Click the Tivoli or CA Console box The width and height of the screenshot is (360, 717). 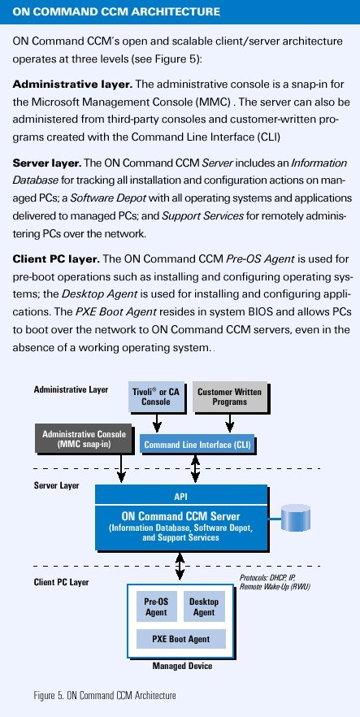(x=156, y=397)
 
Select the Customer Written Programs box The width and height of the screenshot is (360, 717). (x=229, y=397)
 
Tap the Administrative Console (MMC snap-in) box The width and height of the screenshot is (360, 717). (x=83, y=438)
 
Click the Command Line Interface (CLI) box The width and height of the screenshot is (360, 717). (x=197, y=445)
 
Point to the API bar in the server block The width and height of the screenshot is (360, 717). (x=181, y=496)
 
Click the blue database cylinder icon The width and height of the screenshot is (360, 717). (x=295, y=518)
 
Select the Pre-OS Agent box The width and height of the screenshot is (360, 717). (x=156, y=607)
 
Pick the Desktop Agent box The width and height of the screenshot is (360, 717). (x=204, y=607)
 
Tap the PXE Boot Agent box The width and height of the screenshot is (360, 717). (x=181, y=639)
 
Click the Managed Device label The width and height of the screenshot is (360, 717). (x=182, y=665)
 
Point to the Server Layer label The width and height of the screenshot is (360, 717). (x=56, y=485)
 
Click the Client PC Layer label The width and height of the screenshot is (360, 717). (x=61, y=582)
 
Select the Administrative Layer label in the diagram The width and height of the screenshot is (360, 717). (x=71, y=389)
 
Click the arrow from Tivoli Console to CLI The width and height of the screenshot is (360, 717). (x=157, y=422)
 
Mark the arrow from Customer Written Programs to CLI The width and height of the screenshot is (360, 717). (x=230, y=422)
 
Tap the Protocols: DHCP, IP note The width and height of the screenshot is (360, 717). (x=275, y=582)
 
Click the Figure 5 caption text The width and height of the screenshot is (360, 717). (x=105, y=696)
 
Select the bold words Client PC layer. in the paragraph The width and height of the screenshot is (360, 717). (x=56, y=259)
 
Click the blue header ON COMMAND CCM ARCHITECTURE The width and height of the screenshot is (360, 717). (x=116, y=11)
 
